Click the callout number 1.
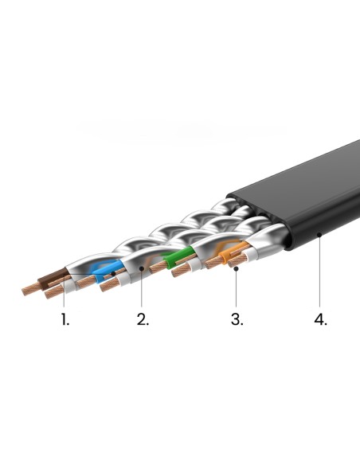point(65,319)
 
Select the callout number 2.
point(143,319)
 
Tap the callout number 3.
point(237,319)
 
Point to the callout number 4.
point(320,319)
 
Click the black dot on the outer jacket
point(319,235)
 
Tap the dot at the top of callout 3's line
point(236,268)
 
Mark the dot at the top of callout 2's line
point(142,268)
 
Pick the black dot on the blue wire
point(113,273)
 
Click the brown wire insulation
point(53,279)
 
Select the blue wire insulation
point(106,271)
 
